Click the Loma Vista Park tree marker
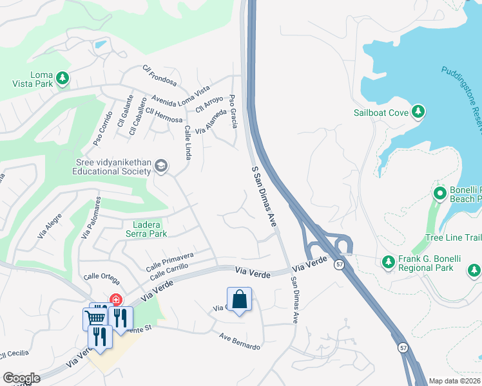tap(63, 78)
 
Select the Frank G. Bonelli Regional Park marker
tap(388, 262)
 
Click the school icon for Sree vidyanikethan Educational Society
tap(161, 167)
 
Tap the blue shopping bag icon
tap(239, 299)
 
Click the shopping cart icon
tap(95, 318)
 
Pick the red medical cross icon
tap(116, 300)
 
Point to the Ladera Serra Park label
tap(149, 229)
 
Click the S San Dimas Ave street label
tap(264, 196)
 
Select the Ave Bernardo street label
tap(240, 342)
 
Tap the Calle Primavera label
tap(169, 261)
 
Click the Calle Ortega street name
tap(101, 277)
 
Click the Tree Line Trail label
tap(454, 238)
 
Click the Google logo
tap(21, 378)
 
